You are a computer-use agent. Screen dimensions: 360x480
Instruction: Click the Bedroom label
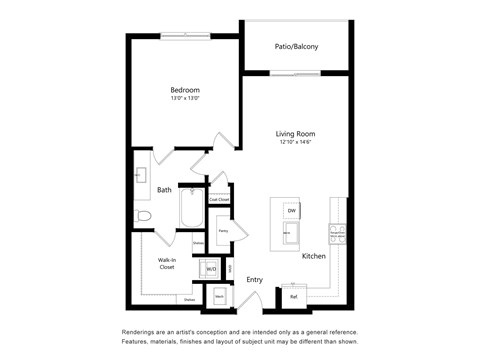[x=184, y=90]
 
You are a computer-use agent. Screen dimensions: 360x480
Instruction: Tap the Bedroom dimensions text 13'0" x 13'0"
[x=184, y=99]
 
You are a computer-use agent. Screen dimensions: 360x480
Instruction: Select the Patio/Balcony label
[x=296, y=46]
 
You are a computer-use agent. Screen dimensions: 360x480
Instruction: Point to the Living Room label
[x=296, y=133]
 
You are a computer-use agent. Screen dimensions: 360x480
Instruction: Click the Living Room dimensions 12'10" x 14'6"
[x=296, y=142]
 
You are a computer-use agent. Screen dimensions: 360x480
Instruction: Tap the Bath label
[x=164, y=189]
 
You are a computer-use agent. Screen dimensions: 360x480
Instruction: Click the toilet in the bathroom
[x=143, y=215]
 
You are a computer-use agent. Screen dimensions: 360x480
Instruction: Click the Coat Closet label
[x=219, y=199]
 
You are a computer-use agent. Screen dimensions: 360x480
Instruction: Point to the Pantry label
[x=223, y=231]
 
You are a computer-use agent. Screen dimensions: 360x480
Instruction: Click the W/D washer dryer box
[x=211, y=269]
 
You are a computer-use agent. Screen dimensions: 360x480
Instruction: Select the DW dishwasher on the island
[x=292, y=211]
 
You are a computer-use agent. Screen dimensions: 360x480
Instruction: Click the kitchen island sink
[x=288, y=232]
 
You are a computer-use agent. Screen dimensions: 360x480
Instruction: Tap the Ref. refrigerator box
[x=294, y=296]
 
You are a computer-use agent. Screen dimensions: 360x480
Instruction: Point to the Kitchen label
[x=314, y=257]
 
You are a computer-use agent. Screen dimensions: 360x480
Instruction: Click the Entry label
[x=255, y=280]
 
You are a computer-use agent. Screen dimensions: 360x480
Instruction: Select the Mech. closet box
[x=219, y=297]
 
